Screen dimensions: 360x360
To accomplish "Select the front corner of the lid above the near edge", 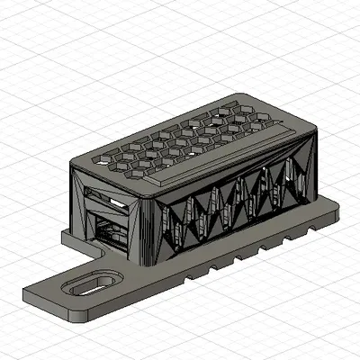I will [x=153, y=191].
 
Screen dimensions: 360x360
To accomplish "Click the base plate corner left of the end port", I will [x=66, y=237].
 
